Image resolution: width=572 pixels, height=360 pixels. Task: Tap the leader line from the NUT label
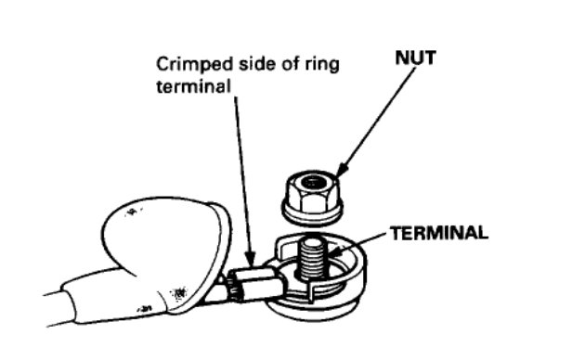point(371,121)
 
